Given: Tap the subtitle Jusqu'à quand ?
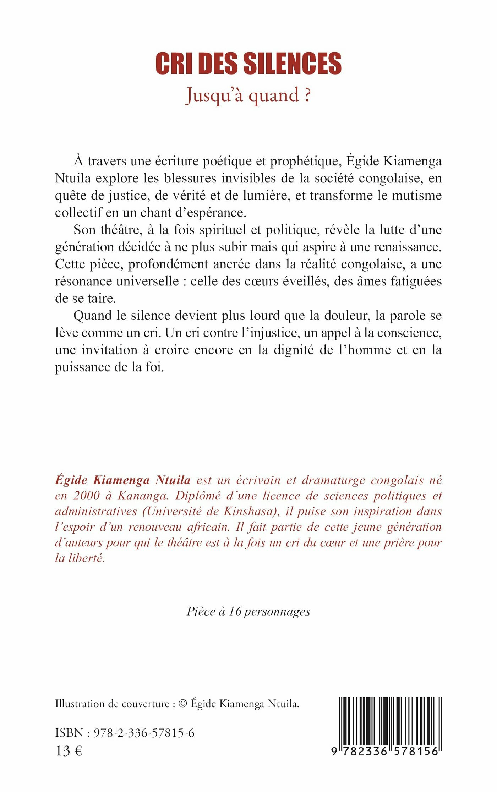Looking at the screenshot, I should coord(248,95).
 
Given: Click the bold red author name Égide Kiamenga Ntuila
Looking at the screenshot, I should coord(123,480).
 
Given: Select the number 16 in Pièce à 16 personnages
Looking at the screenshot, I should coord(235,611).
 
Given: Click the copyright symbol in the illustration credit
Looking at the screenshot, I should coord(182,704).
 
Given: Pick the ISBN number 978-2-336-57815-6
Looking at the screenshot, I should coord(144,733).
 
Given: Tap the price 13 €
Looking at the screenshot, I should coord(69,751).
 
